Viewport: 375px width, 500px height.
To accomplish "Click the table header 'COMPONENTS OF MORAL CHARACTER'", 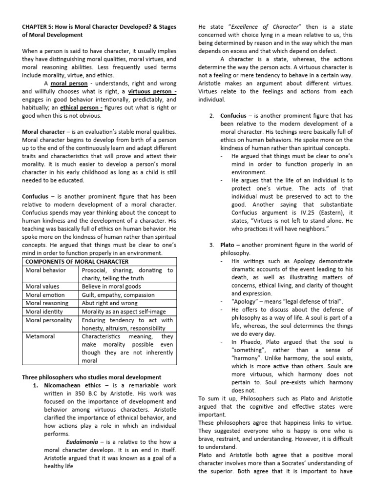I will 76,262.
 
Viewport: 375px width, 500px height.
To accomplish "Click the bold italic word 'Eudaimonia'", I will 83,441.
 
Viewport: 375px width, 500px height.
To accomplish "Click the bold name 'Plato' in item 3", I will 228,245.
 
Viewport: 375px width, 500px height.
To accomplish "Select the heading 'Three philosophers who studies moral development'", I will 91,377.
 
